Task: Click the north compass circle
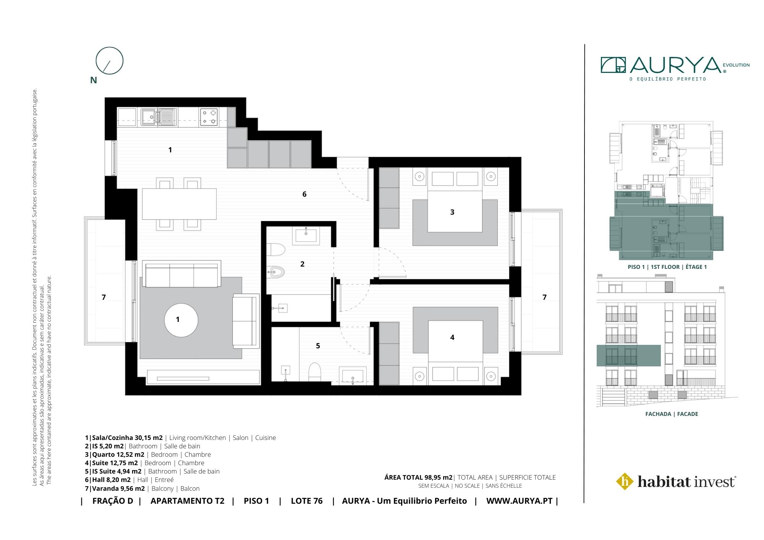point(109,48)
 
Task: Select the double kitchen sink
point(158,117)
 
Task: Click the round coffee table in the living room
point(181,320)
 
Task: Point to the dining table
point(179,204)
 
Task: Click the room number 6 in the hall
point(304,194)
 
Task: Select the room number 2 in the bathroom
point(303,264)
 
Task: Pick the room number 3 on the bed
point(452,212)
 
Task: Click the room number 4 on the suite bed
point(452,338)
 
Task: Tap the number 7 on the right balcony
point(544,297)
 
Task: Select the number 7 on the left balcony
point(104,297)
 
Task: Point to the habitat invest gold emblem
point(625,482)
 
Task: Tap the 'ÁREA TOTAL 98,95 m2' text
point(419,477)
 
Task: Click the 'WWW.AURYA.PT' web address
point(519,501)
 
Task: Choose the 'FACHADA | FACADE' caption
point(672,414)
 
